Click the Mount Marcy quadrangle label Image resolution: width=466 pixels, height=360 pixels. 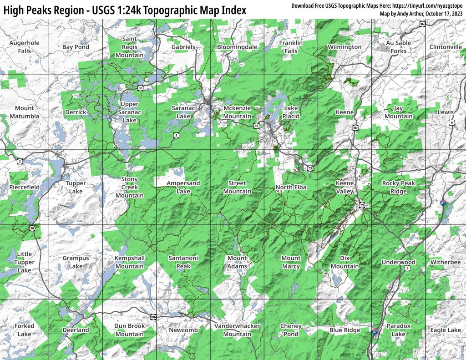pyautogui.click(x=291, y=262)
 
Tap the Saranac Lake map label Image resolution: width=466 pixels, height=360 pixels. pyautogui.click(x=183, y=112)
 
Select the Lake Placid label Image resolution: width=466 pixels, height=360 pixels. pyautogui.click(x=291, y=112)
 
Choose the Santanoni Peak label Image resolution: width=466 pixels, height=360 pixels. pyautogui.click(x=183, y=262)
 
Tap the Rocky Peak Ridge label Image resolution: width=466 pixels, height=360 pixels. pyautogui.click(x=398, y=187)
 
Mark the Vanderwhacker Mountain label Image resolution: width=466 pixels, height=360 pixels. pyautogui.click(x=237, y=330)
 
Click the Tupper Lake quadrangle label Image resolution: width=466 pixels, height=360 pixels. pyautogui.click(x=76, y=187)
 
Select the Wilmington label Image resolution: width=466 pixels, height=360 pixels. pyautogui.click(x=344, y=47)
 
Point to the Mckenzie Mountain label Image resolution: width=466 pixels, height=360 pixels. pyautogui.click(x=237, y=112)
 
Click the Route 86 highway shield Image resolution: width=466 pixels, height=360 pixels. pyautogui.click(x=257, y=126)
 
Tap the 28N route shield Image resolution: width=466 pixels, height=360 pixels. pyautogui.click(x=153, y=317)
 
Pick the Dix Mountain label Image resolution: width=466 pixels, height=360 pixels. pyautogui.click(x=344, y=262)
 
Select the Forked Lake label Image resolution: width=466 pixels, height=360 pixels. pyautogui.click(x=25, y=330)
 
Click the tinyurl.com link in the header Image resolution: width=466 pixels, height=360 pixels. pyautogui.click(x=433, y=5)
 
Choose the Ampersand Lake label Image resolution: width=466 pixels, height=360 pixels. pyautogui.click(x=183, y=187)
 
